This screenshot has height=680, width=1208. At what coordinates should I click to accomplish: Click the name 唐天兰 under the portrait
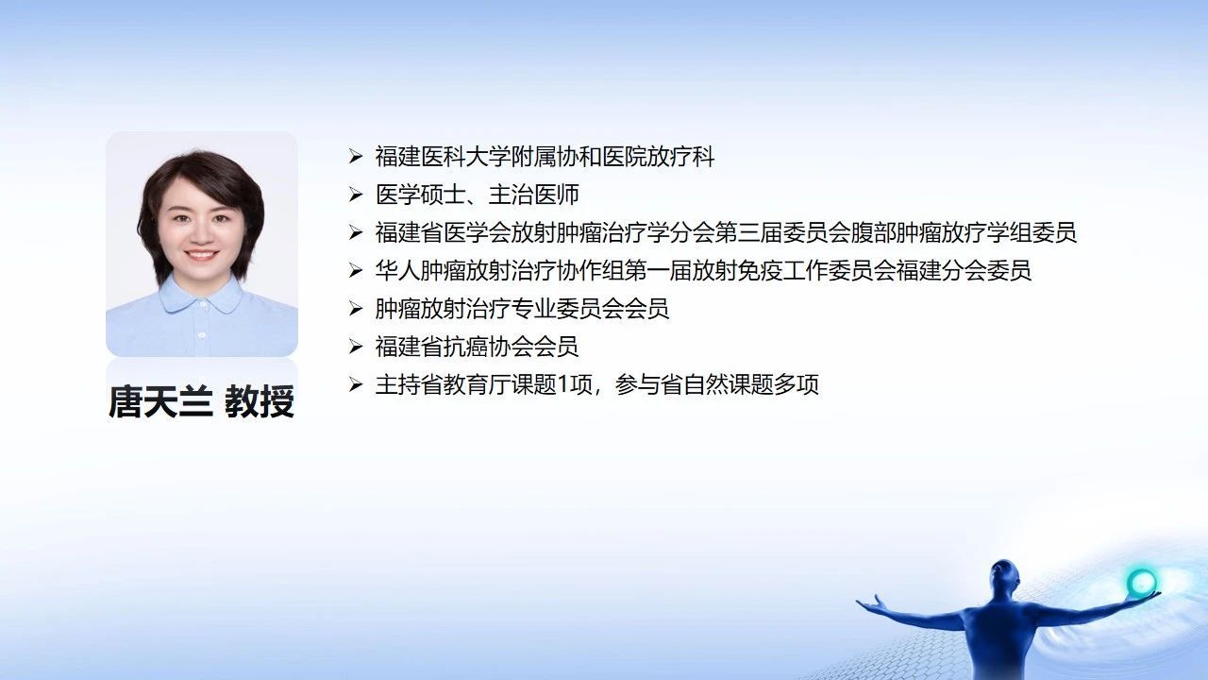pos(160,401)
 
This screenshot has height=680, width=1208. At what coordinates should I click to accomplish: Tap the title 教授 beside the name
pos(260,401)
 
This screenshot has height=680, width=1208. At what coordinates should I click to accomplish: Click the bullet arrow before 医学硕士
pos(356,195)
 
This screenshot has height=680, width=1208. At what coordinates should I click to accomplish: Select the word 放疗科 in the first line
pos(680,157)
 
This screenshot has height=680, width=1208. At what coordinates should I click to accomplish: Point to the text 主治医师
pos(534,195)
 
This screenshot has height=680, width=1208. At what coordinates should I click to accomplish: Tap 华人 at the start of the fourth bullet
pos(397,270)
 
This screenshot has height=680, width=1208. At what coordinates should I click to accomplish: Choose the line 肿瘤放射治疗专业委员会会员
pos(522,309)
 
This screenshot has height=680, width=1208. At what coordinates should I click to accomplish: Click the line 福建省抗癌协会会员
pos(477,347)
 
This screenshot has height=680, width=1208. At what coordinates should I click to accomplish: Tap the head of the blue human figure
pos(1003,576)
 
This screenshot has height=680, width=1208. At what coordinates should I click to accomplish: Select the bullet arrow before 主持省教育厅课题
pos(356,384)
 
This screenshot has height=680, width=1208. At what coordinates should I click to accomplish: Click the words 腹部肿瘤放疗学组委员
pos(964,232)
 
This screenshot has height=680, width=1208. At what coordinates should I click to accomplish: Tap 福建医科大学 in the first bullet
pos(443,157)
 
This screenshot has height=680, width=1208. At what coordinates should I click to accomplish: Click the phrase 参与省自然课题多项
pos(716,384)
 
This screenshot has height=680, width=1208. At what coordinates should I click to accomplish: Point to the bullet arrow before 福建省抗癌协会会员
pos(356,346)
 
